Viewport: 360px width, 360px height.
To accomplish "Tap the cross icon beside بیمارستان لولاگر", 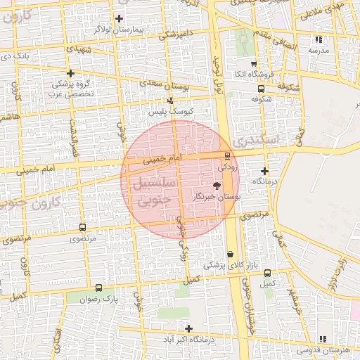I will tap(118, 18).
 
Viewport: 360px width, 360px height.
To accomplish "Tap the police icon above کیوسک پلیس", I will tap(170, 101).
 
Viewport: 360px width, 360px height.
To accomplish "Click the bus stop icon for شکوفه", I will tap(262, 89).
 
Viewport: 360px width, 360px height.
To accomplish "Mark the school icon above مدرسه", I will tap(319, 40).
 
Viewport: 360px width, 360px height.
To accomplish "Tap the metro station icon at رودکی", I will tap(226, 156).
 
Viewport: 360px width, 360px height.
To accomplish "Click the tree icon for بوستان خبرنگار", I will tap(216, 186).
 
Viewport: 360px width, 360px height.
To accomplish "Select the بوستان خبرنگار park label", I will tap(217, 198).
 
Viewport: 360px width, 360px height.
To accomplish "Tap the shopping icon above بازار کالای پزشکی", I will tap(230, 255).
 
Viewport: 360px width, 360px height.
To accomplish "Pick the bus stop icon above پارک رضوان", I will tap(98, 288).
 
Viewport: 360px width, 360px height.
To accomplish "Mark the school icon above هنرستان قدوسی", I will tap(323, 338).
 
